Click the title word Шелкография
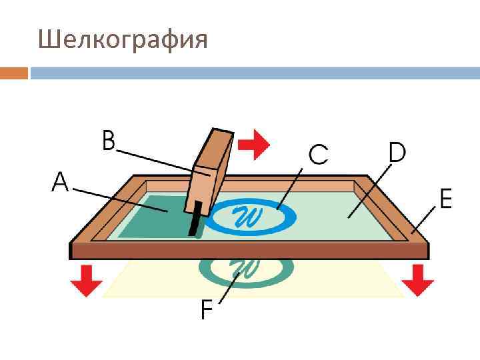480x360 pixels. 123,40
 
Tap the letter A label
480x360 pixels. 60,182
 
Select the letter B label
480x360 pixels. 109,142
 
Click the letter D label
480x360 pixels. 397,153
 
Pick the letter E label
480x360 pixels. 445,198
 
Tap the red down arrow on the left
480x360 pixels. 87,279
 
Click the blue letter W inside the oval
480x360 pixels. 247,215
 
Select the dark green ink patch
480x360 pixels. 153,217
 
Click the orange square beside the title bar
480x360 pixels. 14,73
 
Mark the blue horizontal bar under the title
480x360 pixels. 253,73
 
